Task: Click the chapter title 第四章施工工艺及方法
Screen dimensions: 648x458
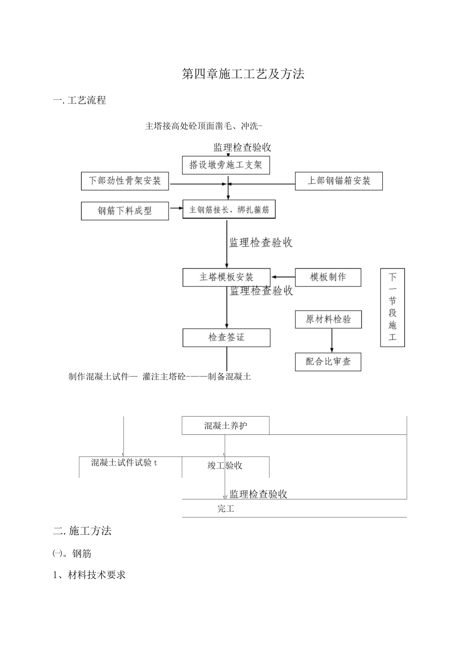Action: [x=243, y=74]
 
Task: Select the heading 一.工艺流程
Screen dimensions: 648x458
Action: [x=80, y=101]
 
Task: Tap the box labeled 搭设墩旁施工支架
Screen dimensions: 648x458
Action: [x=226, y=165]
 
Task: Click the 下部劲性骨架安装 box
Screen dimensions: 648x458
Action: [x=125, y=181]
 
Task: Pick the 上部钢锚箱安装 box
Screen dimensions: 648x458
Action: [x=338, y=181]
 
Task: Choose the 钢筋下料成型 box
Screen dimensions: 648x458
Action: [x=125, y=211]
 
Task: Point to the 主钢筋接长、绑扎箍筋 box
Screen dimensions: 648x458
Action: [x=229, y=210]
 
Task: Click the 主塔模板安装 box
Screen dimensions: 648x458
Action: [x=226, y=277]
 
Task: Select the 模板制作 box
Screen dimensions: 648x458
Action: [x=328, y=277]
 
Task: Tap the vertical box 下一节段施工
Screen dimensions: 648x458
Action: [x=392, y=307]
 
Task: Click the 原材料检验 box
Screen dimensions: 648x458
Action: [x=328, y=319]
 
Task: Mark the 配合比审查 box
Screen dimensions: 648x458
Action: [x=328, y=362]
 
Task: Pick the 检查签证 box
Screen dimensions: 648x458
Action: [x=226, y=337]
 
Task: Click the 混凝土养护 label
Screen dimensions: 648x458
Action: [x=226, y=426]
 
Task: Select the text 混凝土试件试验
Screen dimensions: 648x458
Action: [x=124, y=463]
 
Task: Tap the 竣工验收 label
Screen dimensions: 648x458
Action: [x=225, y=465]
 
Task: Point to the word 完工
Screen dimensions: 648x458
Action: [x=226, y=509]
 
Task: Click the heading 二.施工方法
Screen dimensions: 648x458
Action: [x=82, y=531]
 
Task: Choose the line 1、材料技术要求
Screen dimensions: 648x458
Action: [x=89, y=575]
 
